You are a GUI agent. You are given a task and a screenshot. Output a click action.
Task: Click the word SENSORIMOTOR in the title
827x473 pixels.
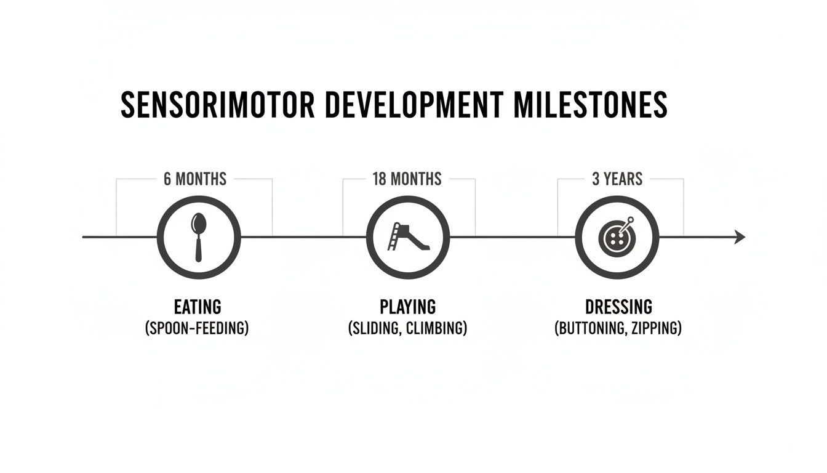pos(217,105)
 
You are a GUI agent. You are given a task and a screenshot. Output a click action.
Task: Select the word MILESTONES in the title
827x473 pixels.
pos(590,105)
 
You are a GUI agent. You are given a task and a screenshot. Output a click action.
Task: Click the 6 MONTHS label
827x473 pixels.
pos(195,179)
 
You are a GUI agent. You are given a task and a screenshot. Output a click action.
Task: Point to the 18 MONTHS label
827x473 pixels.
pos(407,179)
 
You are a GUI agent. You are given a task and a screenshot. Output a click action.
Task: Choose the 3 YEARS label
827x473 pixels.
pos(617,179)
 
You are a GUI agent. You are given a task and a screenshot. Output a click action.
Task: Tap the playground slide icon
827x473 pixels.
pos(409,237)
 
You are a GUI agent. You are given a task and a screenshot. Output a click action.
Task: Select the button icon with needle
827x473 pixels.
pos(616,238)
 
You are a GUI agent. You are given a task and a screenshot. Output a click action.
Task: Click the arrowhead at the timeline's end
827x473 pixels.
pos(740,236)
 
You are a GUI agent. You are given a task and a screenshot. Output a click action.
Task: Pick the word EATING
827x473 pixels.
pos(197,306)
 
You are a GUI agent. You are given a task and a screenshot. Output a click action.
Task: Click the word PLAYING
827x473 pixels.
pos(407,306)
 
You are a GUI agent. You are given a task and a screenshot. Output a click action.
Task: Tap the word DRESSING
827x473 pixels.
pos(618,306)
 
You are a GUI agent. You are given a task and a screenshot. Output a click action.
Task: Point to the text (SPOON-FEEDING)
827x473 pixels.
pos(197,328)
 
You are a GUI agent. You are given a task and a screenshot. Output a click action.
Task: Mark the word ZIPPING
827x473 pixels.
pos(657,328)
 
